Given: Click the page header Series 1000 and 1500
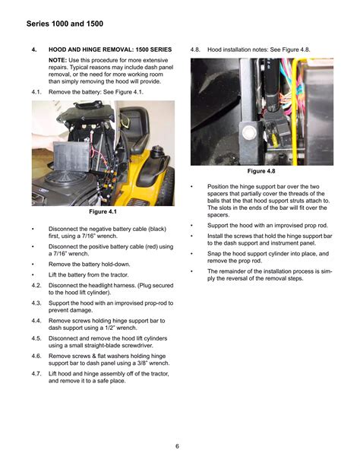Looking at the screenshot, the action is point(65,24).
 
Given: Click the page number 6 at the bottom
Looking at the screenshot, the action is point(177,446).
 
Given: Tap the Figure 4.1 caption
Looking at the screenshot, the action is point(103,211).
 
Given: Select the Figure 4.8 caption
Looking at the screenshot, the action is point(261,171).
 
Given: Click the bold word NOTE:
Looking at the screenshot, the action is point(58,60).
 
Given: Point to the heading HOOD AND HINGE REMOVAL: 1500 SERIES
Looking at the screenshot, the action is point(110,49).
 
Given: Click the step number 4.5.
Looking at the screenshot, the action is point(36,338).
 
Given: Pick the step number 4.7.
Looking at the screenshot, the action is point(36,374).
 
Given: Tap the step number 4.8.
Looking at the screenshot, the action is point(195,49).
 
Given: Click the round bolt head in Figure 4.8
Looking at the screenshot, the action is point(249,132).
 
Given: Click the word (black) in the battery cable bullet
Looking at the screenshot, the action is point(156,229).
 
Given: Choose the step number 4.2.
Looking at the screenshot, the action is point(36,286).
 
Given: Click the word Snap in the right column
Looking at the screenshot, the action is point(214,254).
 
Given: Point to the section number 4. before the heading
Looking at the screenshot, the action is point(34,49).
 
